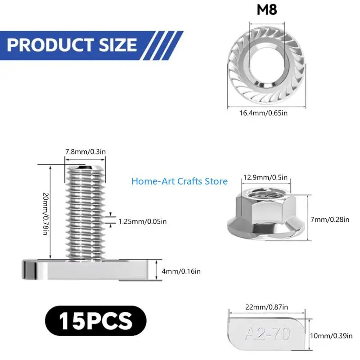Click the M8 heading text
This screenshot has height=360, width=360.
[x=267, y=9]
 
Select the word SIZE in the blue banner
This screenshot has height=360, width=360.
[x=118, y=45]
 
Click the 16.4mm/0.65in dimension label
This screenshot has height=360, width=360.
[x=263, y=113]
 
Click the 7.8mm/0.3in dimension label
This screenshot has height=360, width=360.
[x=85, y=152]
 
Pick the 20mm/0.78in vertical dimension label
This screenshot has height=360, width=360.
[x=46, y=214]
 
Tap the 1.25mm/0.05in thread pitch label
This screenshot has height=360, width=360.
[x=142, y=221]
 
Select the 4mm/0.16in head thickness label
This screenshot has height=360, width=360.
[x=181, y=271]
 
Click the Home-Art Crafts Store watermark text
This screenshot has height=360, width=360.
[x=180, y=181]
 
